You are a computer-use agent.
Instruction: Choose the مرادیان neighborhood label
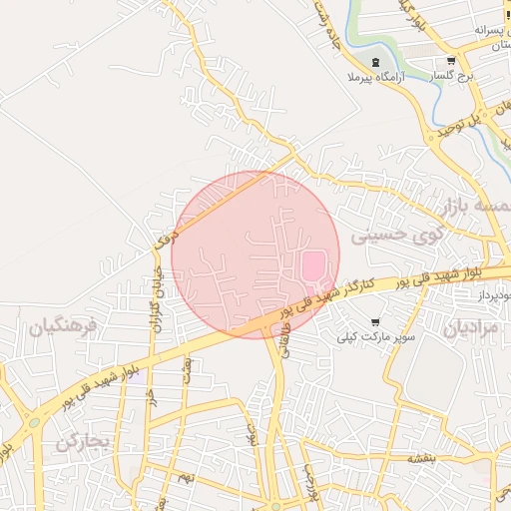click(469, 327)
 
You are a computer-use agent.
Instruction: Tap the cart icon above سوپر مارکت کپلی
click(374, 321)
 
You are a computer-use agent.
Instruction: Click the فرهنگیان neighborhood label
click(63, 326)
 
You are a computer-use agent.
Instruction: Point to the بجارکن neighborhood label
click(81, 442)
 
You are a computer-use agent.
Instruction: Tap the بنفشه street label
click(420, 457)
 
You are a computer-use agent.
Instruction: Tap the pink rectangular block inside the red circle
click(313, 265)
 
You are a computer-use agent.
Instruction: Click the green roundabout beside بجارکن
click(34, 422)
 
